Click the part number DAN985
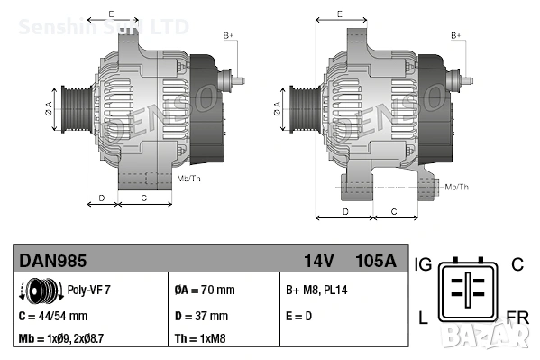[x=53, y=262]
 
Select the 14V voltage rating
[x=319, y=262]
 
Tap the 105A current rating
[x=376, y=262]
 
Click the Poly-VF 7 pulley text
[x=90, y=291]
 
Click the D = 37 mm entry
[x=200, y=316]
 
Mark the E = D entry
[x=301, y=316]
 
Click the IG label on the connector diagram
[x=423, y=264]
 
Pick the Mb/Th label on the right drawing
[x=457, y=187]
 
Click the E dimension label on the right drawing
[x=339, y=14]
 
